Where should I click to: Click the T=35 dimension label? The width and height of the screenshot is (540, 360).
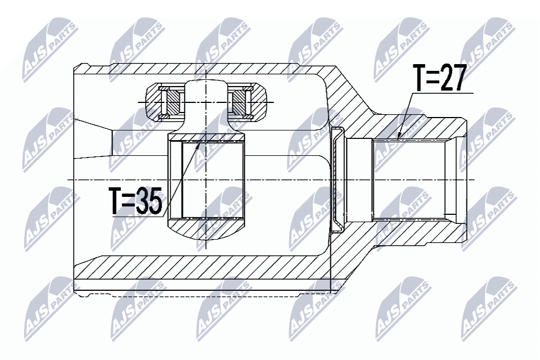137,201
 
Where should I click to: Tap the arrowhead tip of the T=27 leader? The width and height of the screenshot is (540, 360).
398,138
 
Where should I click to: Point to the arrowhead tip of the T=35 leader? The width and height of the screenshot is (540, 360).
201,138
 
